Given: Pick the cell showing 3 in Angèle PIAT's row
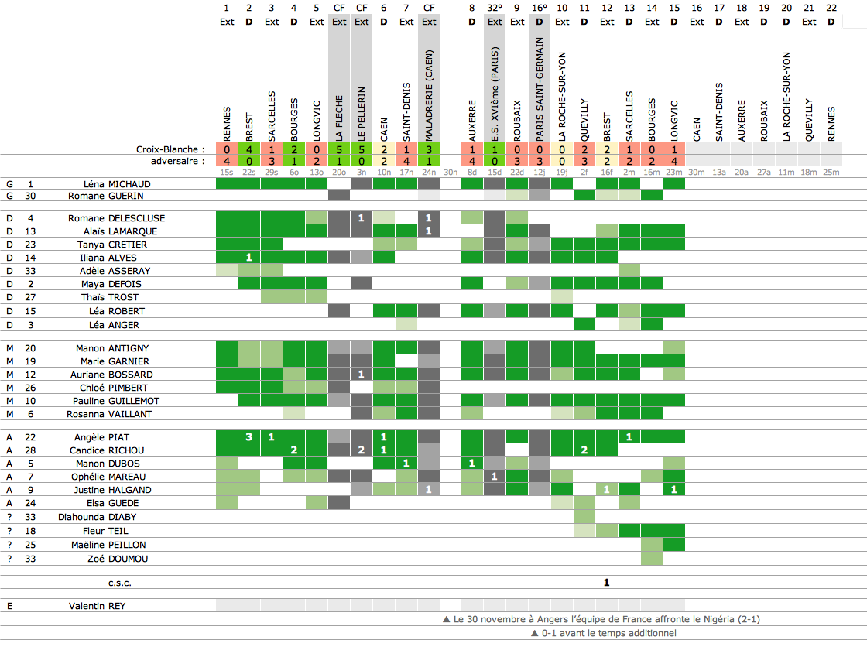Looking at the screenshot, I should pyautogui.click(x=249, y=437).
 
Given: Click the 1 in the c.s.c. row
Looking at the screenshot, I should pyautogui.click(x=607, y=582).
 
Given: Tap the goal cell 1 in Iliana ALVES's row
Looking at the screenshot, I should pyautogui.click(x=249, y=258).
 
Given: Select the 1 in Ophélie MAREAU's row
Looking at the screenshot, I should pyautogui.click(x=495, y=477).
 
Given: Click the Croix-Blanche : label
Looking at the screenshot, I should pyautogui.click(x=170, y=149).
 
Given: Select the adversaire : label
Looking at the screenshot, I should pyautogui.click(x=179, y=161).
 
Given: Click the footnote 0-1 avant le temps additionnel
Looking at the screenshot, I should pyautogui.click(x=604, y=633).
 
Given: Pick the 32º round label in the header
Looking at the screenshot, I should pyautogui.click(x=495, y=8).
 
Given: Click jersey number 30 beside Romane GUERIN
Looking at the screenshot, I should pyautogui.click(x=30, y=196).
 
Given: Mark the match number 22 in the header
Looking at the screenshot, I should pyautogui.click(x=831, y=8).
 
